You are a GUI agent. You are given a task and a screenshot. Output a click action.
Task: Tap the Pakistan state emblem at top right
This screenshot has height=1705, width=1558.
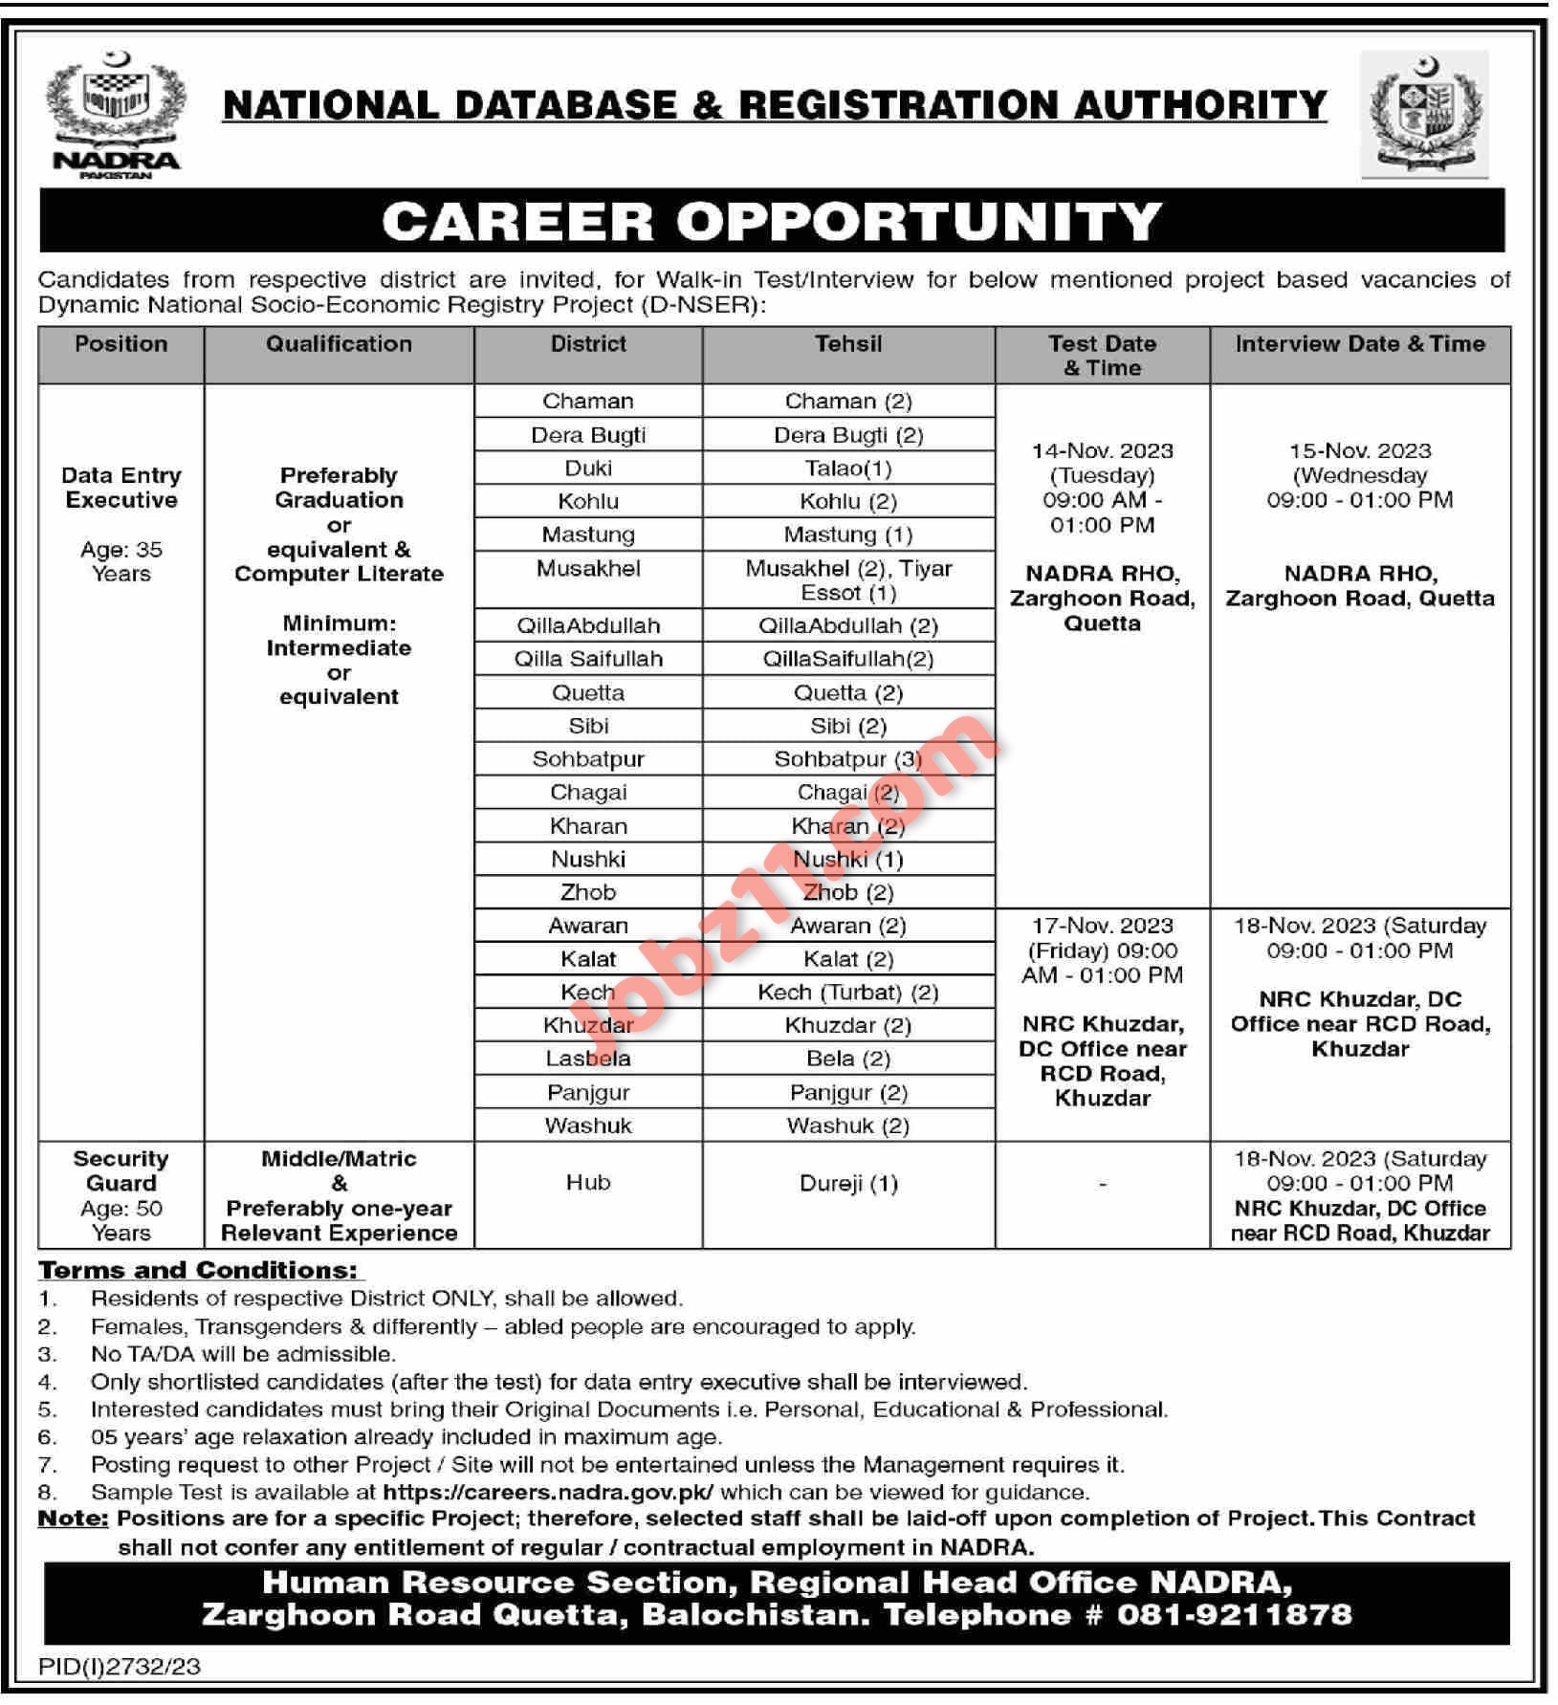click(1425, 114)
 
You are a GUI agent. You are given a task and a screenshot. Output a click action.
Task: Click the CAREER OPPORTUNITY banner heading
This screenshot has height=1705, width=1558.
click(772, 222)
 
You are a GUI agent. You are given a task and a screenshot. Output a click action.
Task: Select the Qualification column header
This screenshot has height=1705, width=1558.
click(339, 344)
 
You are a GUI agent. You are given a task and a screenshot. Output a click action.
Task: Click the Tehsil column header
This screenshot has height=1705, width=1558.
click(848, 344)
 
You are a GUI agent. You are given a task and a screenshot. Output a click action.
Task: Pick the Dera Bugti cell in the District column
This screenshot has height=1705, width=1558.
click(588, 435)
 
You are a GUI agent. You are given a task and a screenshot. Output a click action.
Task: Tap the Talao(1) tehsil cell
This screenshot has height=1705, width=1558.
click(848, 469)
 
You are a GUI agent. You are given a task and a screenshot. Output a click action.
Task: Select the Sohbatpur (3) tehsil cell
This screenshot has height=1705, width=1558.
click(848, 759)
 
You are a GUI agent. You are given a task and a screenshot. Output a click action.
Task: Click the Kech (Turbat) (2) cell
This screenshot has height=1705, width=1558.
click(848, 993)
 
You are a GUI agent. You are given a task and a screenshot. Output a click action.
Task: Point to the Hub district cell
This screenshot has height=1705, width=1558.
click(588, 1183)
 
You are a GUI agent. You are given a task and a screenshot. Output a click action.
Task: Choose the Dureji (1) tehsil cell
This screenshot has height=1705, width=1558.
click(848, 1184)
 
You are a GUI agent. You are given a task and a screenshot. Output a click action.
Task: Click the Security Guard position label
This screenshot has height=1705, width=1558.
click(121, 1170)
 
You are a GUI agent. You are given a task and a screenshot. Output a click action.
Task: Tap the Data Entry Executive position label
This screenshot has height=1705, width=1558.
click(121, 488)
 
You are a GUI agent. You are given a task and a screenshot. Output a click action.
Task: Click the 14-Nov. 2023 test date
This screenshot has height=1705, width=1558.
click(1102, 451)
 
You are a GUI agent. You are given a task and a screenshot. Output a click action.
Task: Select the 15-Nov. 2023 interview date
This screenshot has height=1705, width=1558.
click(1360, 451)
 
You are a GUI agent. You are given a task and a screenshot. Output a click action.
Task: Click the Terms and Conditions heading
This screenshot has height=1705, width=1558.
click(200, 1271)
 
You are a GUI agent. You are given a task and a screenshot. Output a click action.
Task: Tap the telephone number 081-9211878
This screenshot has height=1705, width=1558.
click(1234, 1615)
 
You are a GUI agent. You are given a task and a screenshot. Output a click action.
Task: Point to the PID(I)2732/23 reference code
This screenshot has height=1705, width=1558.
click(120, 1667)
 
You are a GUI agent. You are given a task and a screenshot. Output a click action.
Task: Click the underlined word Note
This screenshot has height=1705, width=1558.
click(73, 1519)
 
